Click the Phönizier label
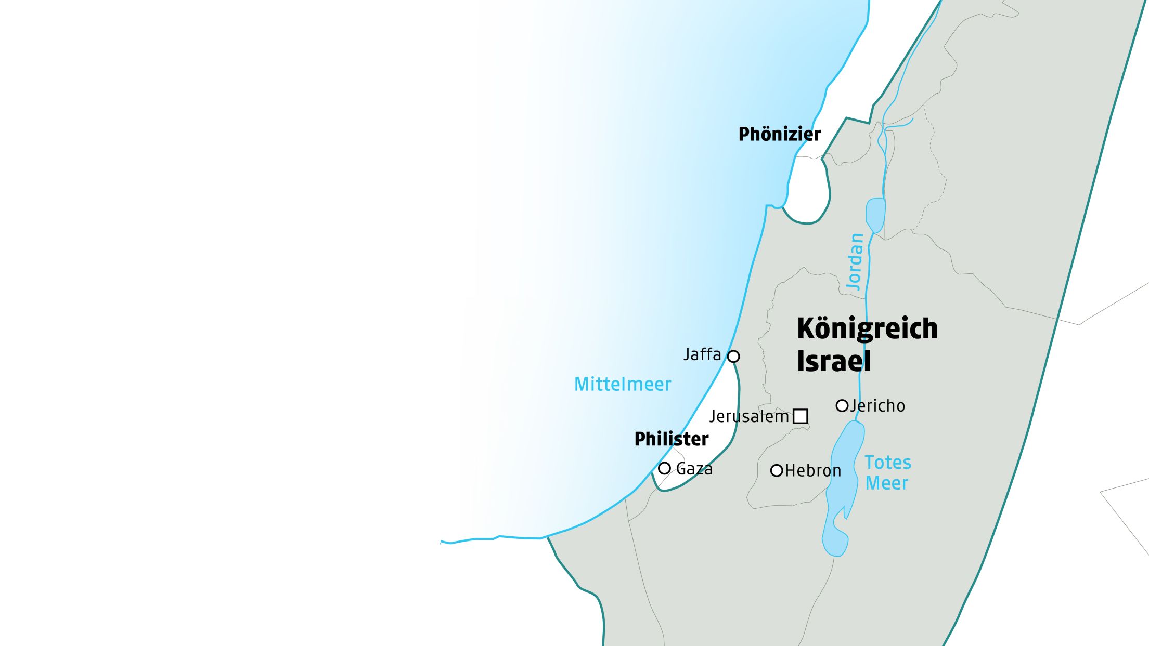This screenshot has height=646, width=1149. (779, 134)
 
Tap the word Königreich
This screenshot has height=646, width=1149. (867, 328)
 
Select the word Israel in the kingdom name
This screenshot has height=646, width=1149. (833, 361)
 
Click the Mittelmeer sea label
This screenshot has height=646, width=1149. (622, 385)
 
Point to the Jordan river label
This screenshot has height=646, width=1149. (855, 261)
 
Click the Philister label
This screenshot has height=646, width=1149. (671, 439)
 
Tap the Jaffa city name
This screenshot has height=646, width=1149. (702, 354)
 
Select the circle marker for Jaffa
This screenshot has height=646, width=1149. (733, 357)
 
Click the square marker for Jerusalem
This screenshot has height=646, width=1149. (800, 416)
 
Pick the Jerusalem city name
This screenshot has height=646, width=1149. (749, 417)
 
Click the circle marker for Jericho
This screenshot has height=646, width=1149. (842, 406)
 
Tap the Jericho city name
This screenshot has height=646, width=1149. (878, 406)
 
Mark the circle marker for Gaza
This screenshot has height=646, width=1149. (664, 468)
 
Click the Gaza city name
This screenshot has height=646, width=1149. (694, 469)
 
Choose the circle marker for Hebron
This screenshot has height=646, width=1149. (777, 471)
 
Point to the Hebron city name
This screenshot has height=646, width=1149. (813, 471)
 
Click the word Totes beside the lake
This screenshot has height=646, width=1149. (888, 463)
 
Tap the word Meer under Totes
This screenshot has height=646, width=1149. (886, 483)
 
